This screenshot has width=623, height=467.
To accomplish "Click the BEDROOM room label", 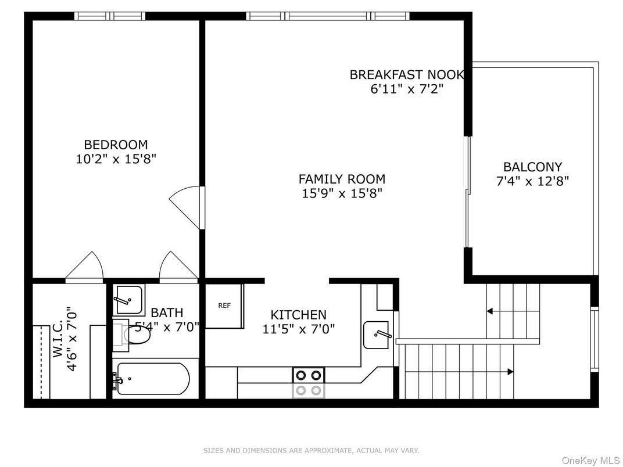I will pyautogui.click(x=116, y=145).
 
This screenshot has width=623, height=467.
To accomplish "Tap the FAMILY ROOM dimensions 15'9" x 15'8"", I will pyautogui.click(x=342, y=193).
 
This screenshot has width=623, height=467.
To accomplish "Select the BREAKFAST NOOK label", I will pyautogui.click(x=407, y=74).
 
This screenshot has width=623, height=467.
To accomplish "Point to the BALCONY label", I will pyautogui.click(x=532, y=167).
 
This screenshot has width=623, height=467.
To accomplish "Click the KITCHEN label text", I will pyautogui.click(x=299, y=315).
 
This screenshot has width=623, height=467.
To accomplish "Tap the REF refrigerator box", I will pyautogui.click(x=224, y=306).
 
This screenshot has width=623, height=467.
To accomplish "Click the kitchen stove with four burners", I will pyautogui.click(x=308, y=382).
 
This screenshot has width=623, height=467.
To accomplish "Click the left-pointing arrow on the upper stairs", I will pyautogui.click(x=490, y=311).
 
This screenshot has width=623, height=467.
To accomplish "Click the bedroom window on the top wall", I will pyautogui.click(x=110, y=16).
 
